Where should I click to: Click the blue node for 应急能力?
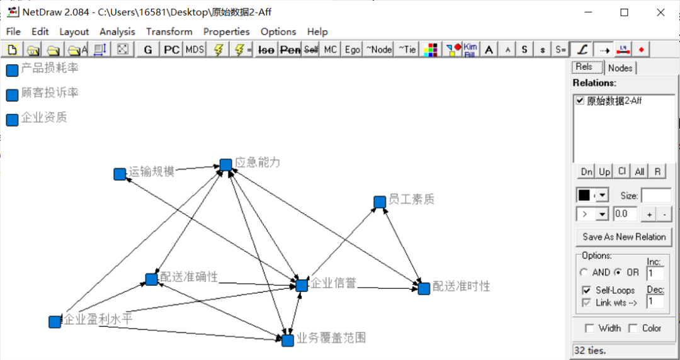click(226, 165)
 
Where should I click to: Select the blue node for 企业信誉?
click(302, 286)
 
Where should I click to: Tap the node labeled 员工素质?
click(380, 202)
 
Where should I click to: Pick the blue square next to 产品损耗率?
click(12, 70)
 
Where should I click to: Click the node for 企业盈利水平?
click(55, 322)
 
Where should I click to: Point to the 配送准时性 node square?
click(424, 288)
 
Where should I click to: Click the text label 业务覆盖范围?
click(331, 338)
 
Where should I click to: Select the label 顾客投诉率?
click(50, 93)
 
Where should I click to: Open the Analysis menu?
click(117, 31)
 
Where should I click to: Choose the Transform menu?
click(169, 31)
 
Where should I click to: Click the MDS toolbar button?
click(195, 49)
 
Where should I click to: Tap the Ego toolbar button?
click(353, 49)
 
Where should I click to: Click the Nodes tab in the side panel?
click(621, 68)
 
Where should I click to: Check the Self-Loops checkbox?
click(586, 290)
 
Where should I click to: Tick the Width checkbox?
click(589, 328)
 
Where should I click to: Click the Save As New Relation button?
click(624, 237)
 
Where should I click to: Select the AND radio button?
click(584, 273)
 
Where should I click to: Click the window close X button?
click(659, 12)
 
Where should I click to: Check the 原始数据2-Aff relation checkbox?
click(580, 101)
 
